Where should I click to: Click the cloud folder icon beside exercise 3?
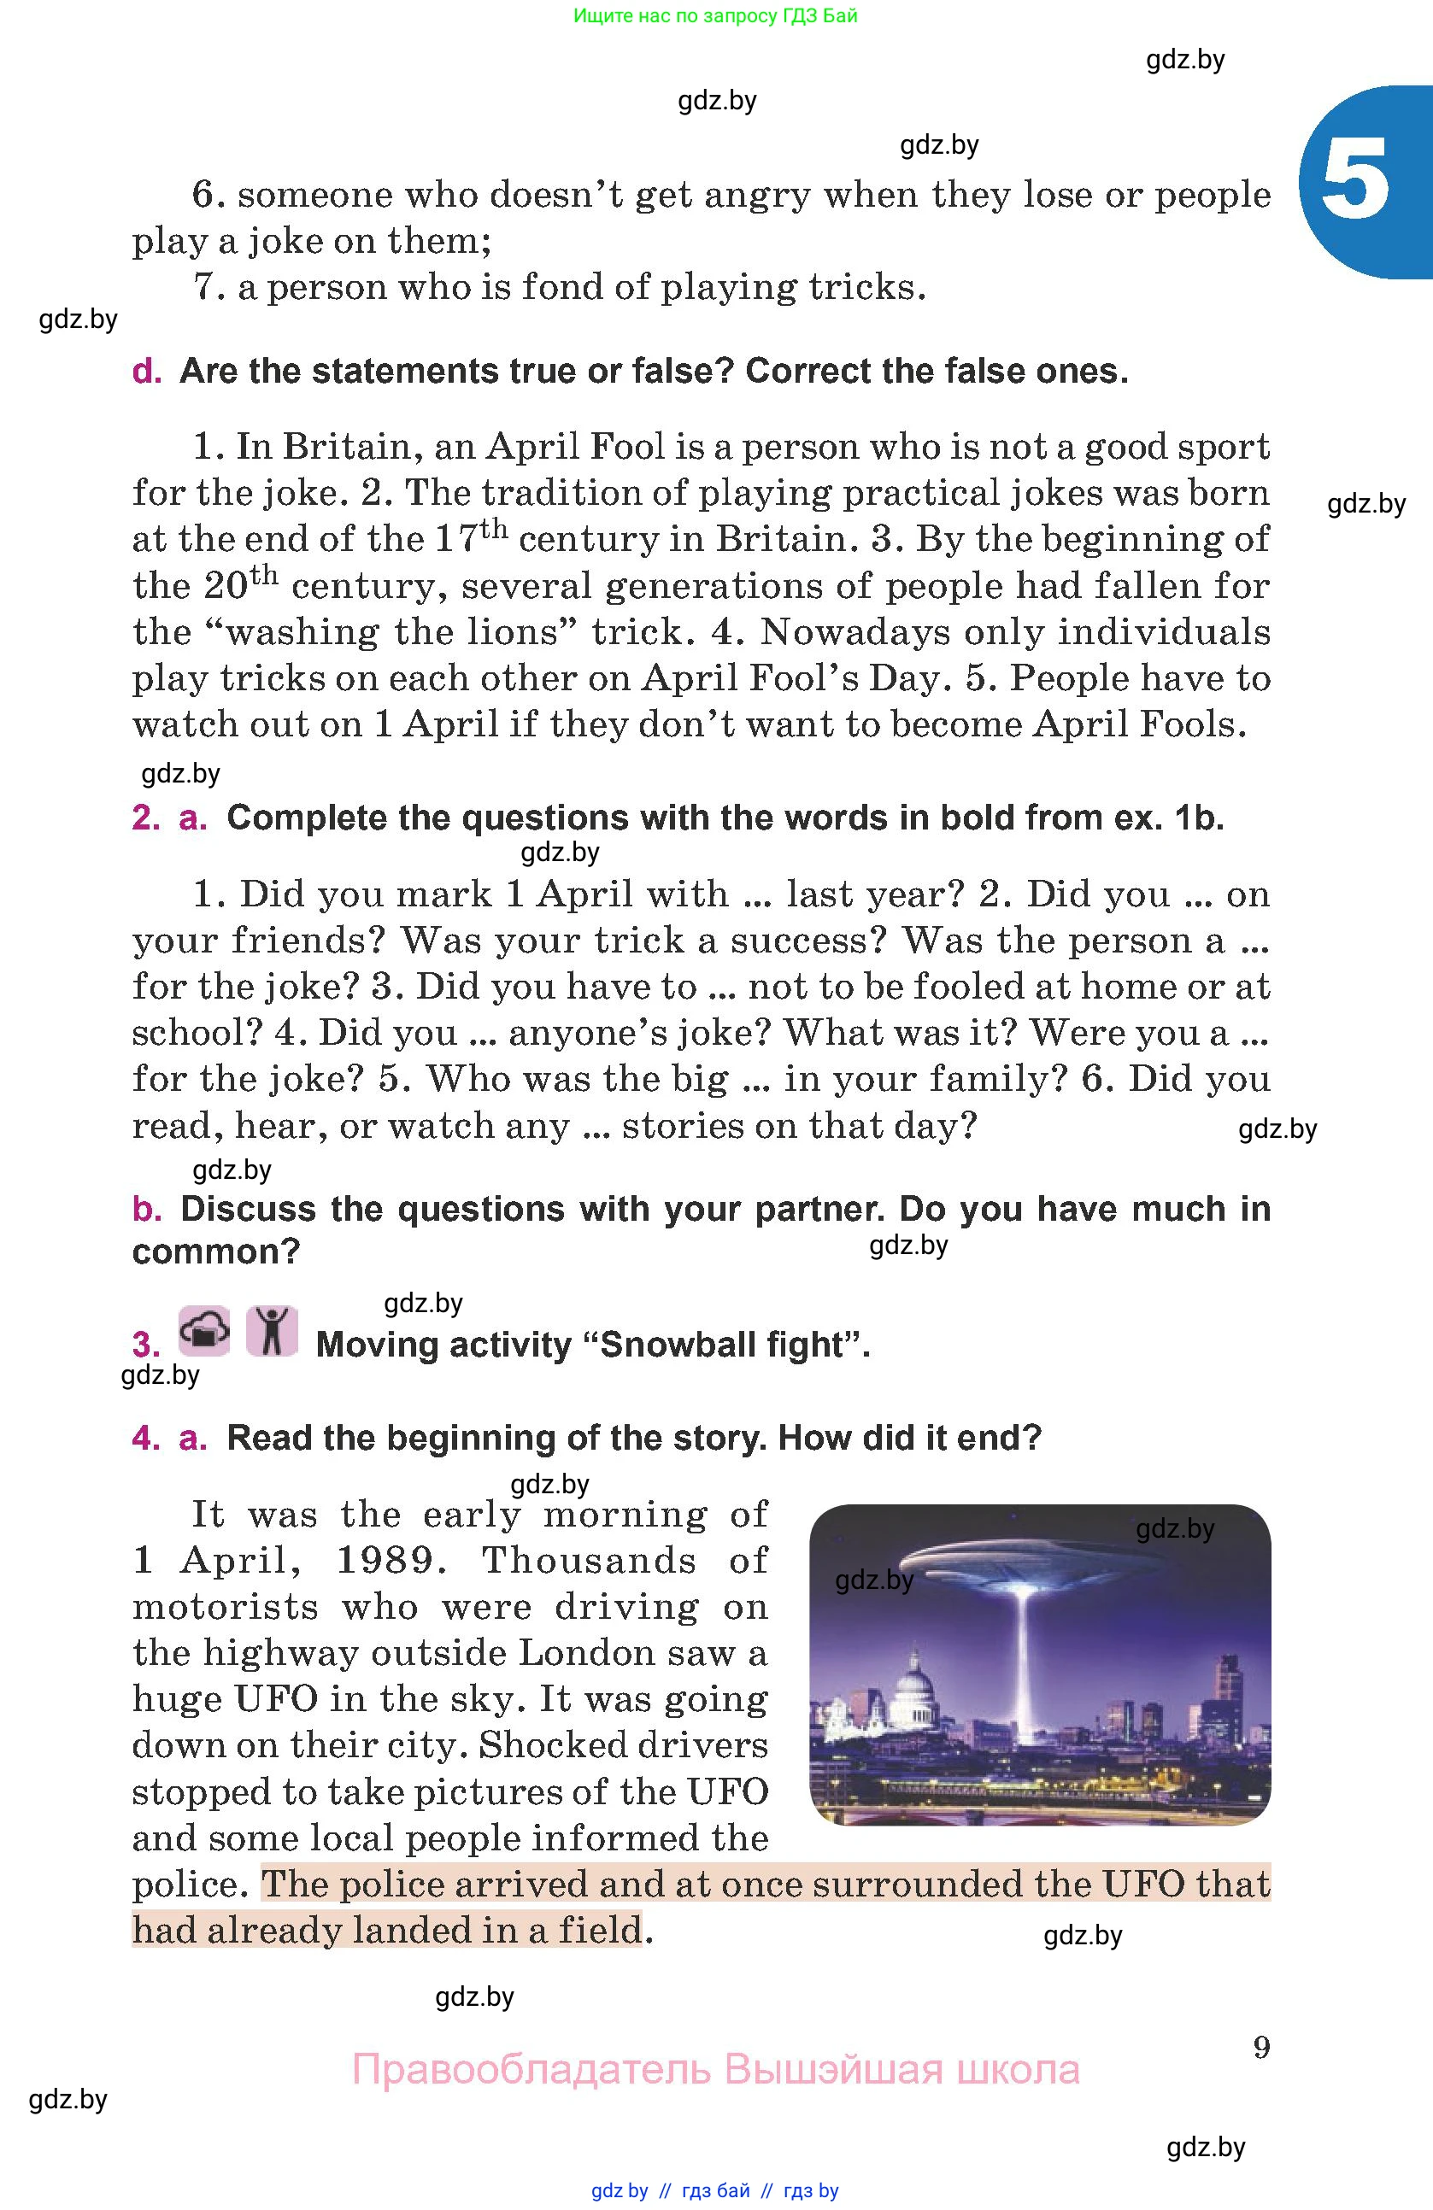(204, 1332)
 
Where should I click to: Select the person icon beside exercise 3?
(272, 1332)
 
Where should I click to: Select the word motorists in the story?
(226, 1606)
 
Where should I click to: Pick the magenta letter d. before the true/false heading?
(147, 372)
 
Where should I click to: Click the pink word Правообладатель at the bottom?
(531, 2070)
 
